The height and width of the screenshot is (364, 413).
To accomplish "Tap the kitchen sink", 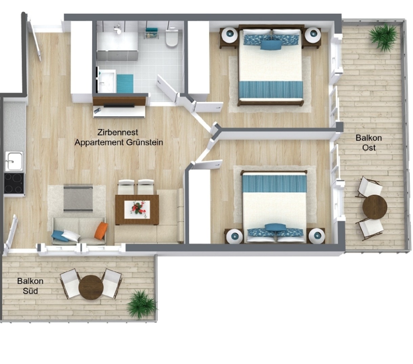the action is point(14,161).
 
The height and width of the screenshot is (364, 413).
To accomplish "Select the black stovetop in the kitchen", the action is point(14,183).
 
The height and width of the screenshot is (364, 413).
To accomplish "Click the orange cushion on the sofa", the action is point(101,231).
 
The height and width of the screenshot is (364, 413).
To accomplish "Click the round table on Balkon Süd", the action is point(91,287).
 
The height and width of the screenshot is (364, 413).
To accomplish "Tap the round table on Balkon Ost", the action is point(375,207).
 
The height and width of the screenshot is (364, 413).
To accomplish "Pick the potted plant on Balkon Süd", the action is point(141,305).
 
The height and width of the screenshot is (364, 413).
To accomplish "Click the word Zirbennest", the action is point(117,132).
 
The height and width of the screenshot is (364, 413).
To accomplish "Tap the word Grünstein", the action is point(145,142).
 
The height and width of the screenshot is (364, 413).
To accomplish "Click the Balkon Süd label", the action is point(30,286).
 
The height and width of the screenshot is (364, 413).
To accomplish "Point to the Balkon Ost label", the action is point(369,143).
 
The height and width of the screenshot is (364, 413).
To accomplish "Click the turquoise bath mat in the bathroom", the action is point(125,83).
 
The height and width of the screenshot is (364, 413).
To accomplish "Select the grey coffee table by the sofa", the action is point(78,198).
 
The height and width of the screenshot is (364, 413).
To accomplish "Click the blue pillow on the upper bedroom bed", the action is point(271,45).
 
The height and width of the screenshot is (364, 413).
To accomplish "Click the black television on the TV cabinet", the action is point(119,106).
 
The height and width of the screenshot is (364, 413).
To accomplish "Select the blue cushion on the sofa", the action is point(60,236).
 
